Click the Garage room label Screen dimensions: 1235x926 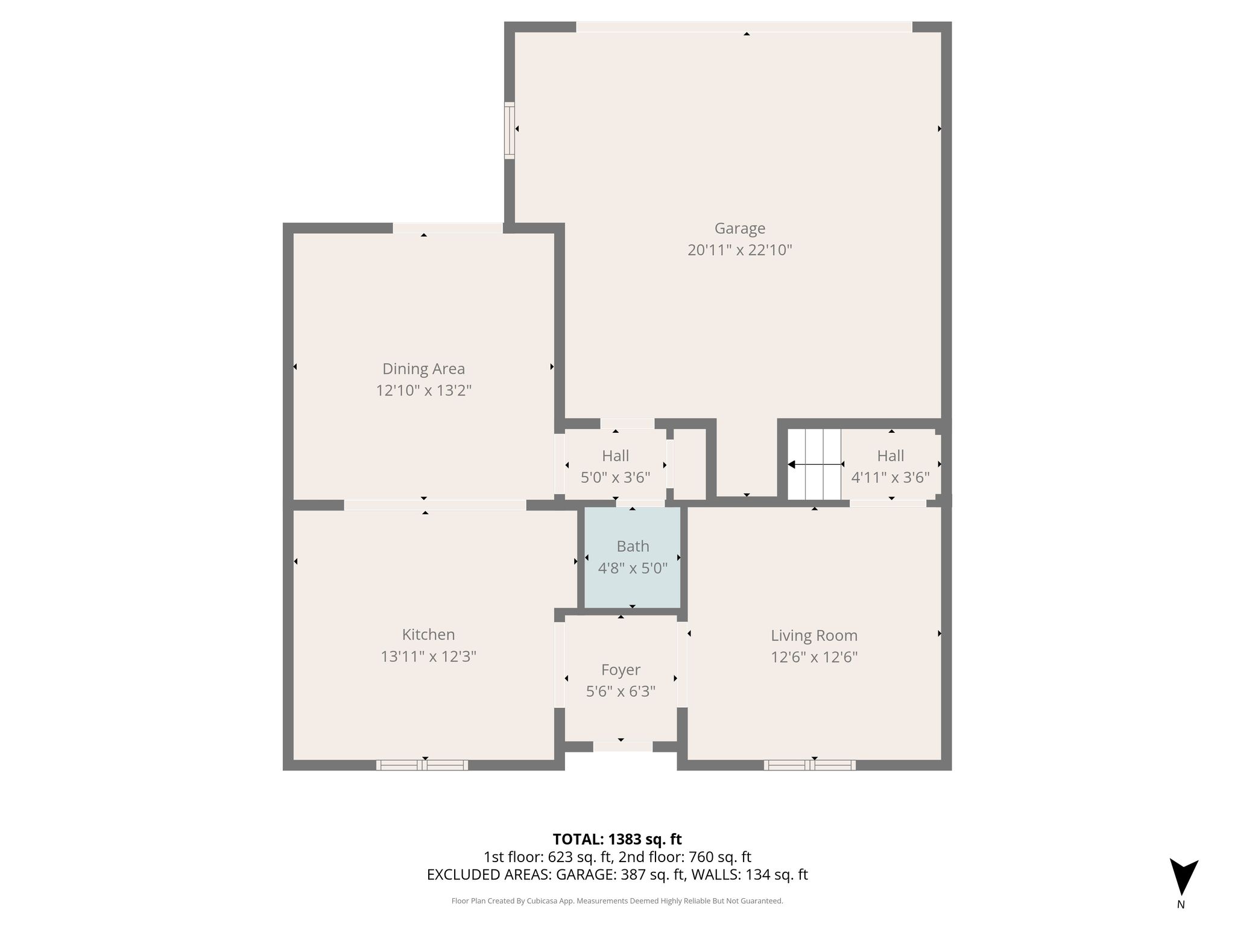click(x=740, y=228)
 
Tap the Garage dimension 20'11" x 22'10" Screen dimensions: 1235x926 click(x=740, y=250)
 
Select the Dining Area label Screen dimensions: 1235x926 click(x=423, y=369)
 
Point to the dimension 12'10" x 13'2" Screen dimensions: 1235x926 click(x=423, y=391)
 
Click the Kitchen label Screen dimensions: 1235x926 click(x=428, y=634)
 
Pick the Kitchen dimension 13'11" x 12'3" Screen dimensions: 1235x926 click(x=428, y=656)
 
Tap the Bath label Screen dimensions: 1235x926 click(x=633, y=546)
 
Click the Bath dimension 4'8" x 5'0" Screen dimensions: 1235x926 click(x=633, y=568)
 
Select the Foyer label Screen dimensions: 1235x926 click(x=621, y=670)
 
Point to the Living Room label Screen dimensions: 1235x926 click(x=814, y=635)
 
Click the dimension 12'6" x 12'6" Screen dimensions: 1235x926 click(x=814, y=657)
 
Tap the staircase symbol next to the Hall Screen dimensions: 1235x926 click(x=814, y=464)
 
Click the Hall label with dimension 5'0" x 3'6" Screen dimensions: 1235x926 click(x=615, y=456)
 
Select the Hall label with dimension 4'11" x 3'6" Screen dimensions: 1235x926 click(x=891, y=456)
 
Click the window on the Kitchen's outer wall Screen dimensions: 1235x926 click(x=422, y=765)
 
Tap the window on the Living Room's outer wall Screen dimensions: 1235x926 click(x=810, y=765)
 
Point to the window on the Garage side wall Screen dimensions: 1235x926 click(x=510, y=131)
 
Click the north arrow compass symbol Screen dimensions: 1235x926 click(x=1184, y=877)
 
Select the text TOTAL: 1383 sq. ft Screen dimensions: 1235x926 click(x=617, y=839)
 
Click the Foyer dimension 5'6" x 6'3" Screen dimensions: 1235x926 click(x=621, y=691)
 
